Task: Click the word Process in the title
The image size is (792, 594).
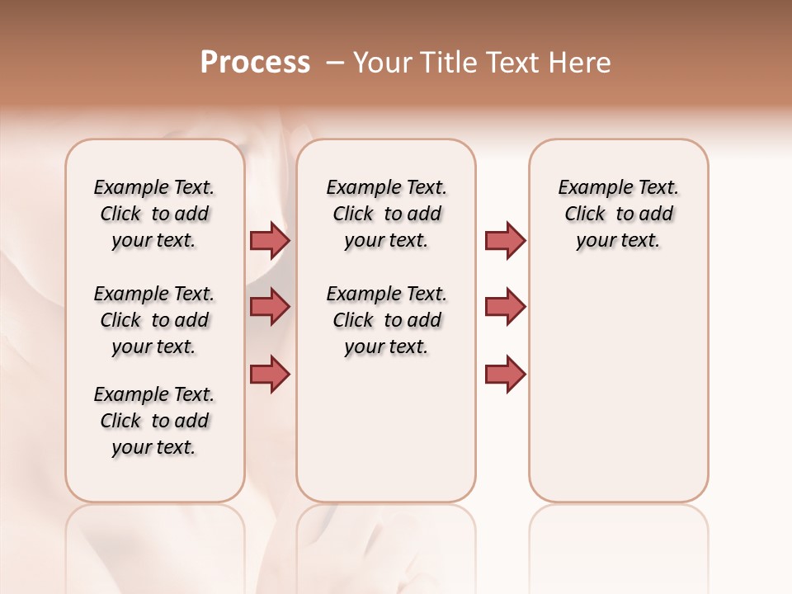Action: click(x=255, y=63)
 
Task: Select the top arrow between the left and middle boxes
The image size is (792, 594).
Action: click(x=270, y=240)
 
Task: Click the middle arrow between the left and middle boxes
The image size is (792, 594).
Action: click(x=270, y=307)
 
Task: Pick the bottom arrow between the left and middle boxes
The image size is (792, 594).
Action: click(x=270, y=374)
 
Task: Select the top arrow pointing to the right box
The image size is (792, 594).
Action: click(x=505, y=240)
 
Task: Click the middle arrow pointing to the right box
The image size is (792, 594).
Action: click(x=505, y=307)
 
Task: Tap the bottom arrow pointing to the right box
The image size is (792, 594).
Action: click(x=505, y=374)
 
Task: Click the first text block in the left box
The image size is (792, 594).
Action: click(x=154, y=214)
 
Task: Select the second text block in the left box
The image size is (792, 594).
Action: click(x=154, y=320)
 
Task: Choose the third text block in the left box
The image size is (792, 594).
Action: click(x=154, y=421)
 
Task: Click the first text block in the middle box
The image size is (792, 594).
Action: click(x=386, y=214)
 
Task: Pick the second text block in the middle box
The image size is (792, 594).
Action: click(x=386, y=320)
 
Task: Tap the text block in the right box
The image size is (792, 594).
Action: click(x=618, y=214)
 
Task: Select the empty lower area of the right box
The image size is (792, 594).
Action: click(x=618, y=388)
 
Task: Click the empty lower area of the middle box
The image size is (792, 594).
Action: click(x=386, y=429)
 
